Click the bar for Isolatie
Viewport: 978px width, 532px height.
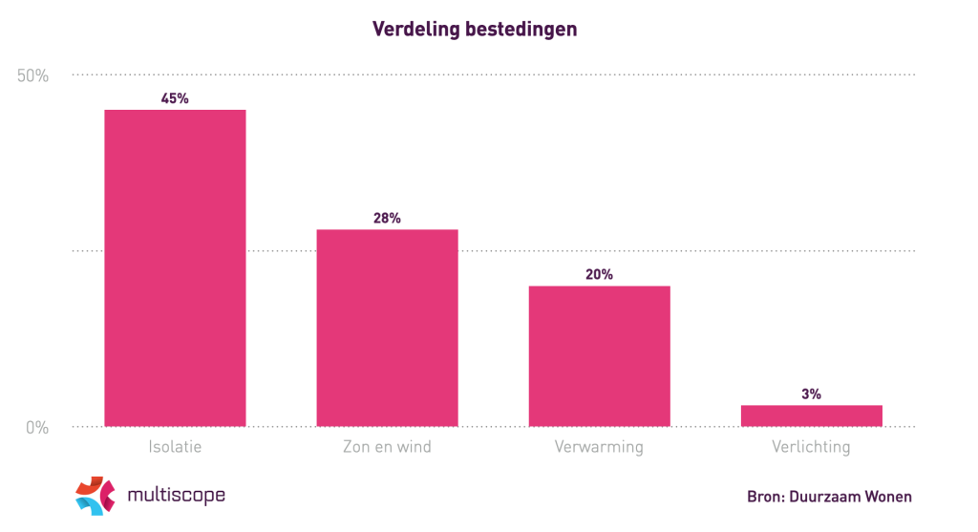point(175,267)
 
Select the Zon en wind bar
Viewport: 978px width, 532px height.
point(387,328)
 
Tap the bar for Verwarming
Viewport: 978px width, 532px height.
point(599,355)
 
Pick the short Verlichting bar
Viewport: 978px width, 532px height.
point(811,415)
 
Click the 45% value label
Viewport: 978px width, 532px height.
point(175,98)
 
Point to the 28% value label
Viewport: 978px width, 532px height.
point(387,218)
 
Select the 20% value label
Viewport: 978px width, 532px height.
point(599,274)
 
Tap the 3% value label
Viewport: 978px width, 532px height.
point(811,394)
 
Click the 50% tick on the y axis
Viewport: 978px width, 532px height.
point(32,75)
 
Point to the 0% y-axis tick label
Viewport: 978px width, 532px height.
point(36,427)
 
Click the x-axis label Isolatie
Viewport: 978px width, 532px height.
point(175,447)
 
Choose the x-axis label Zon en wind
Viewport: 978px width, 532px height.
point(387,447)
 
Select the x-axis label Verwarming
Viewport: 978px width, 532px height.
point(599,447)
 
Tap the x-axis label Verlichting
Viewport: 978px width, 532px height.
point(811,447)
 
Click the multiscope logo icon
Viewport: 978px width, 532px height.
point(96,495)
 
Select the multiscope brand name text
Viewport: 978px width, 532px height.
point(176,495)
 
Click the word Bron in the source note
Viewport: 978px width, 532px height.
point(764,497)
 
